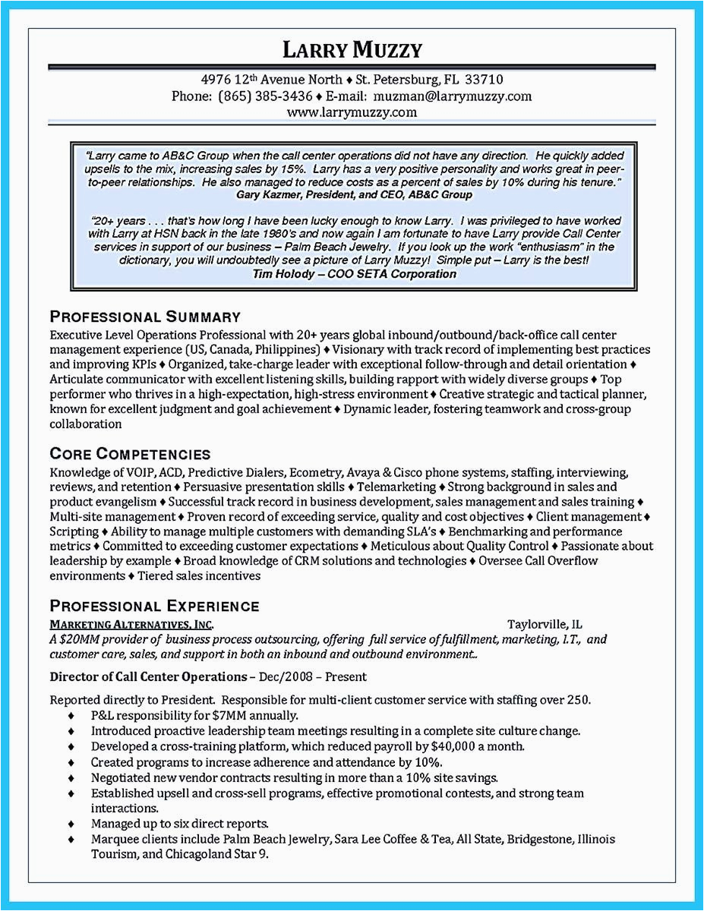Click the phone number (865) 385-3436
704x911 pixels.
[x=265, y=96]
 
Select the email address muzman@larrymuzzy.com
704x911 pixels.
[x=453, y=96]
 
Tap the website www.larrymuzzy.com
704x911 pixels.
[x=352, y=112]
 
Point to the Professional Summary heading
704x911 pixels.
[x=145, y=317]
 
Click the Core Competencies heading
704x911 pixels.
[x=130, y=454]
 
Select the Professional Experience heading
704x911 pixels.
[x=154, y=605]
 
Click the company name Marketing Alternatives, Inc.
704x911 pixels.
[x=131, y=624]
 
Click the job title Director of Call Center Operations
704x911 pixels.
[x=148, y=676]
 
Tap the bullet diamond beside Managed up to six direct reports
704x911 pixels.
[x=71, y=824]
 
